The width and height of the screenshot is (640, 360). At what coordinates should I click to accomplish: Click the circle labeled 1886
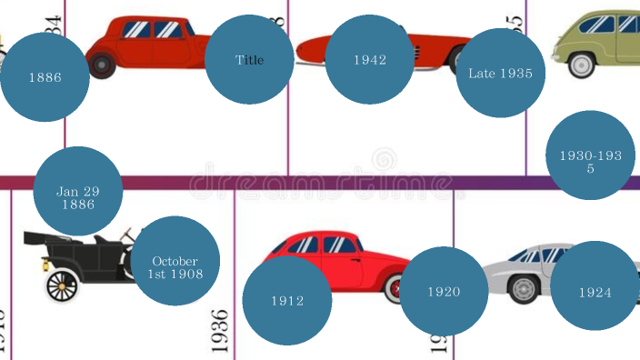[45, 77]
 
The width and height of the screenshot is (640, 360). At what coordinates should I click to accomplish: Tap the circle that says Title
[249, 60]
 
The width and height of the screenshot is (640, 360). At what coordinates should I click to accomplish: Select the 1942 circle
[370, 60]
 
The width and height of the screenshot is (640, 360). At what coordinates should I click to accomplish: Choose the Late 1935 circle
[500, 74]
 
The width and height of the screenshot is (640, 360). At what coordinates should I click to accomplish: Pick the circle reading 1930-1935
[590, 155]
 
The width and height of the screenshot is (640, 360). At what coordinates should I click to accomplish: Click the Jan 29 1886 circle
[77, 192]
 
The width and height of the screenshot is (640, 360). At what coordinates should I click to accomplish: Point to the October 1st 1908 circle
[175, 261]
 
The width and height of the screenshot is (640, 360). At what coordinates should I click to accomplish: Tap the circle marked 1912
[287, 300]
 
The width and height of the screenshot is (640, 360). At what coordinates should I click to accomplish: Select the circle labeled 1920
[444, 292]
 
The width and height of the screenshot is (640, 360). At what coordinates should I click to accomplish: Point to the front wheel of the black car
[61, 286]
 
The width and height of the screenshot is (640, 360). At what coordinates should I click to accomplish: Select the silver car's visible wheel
[524, 289]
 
